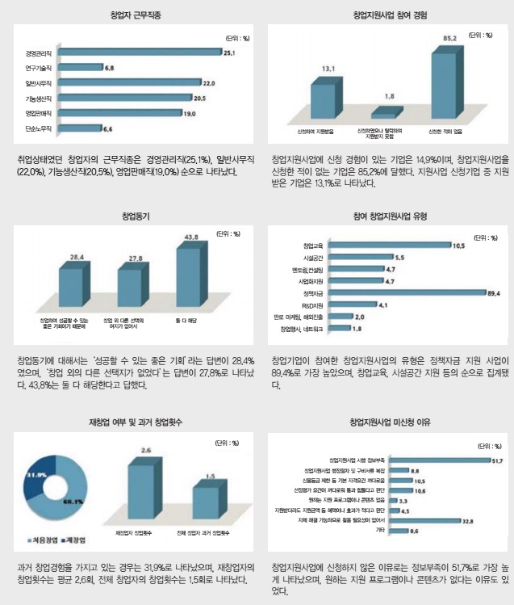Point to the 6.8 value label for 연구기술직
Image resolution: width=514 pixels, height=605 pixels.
[110, 67]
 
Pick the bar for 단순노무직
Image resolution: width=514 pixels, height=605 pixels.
[79, 128]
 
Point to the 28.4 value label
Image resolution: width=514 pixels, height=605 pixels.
[77, 255]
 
